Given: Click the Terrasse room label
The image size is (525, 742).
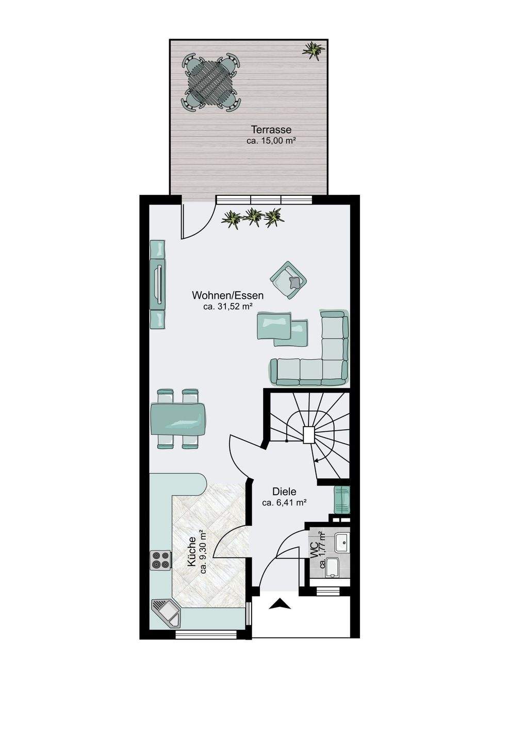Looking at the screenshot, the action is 271,129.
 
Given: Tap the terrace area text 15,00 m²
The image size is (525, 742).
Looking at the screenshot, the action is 278,141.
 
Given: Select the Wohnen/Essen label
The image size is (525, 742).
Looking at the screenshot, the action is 228,295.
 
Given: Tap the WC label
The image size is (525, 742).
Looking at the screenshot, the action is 314,551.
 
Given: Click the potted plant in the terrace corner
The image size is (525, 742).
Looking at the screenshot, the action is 313,50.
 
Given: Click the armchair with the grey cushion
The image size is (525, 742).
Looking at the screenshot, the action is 288,280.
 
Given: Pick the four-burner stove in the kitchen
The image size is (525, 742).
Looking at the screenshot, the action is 161,560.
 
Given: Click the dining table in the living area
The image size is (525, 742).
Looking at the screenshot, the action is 177,419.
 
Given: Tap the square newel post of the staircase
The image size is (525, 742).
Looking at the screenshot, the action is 308,434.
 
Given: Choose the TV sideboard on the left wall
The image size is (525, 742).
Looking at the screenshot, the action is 158,284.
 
